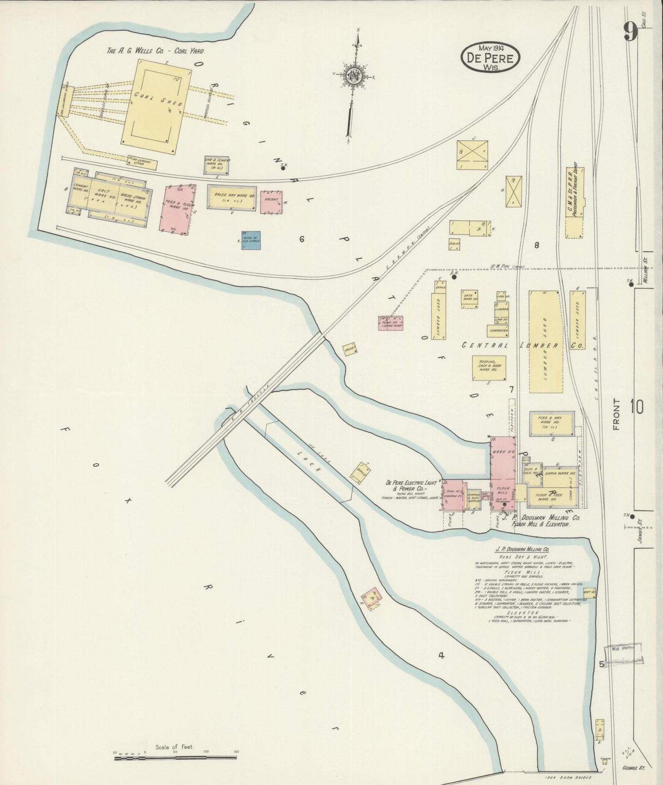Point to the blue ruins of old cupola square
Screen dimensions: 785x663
coord(251,240)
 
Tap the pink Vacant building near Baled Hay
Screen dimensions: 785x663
coord(270,202)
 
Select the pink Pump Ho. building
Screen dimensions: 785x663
coord(390,323)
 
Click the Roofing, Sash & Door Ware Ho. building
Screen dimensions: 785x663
coord(489,367)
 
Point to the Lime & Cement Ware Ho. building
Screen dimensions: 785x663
coord(217,165)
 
